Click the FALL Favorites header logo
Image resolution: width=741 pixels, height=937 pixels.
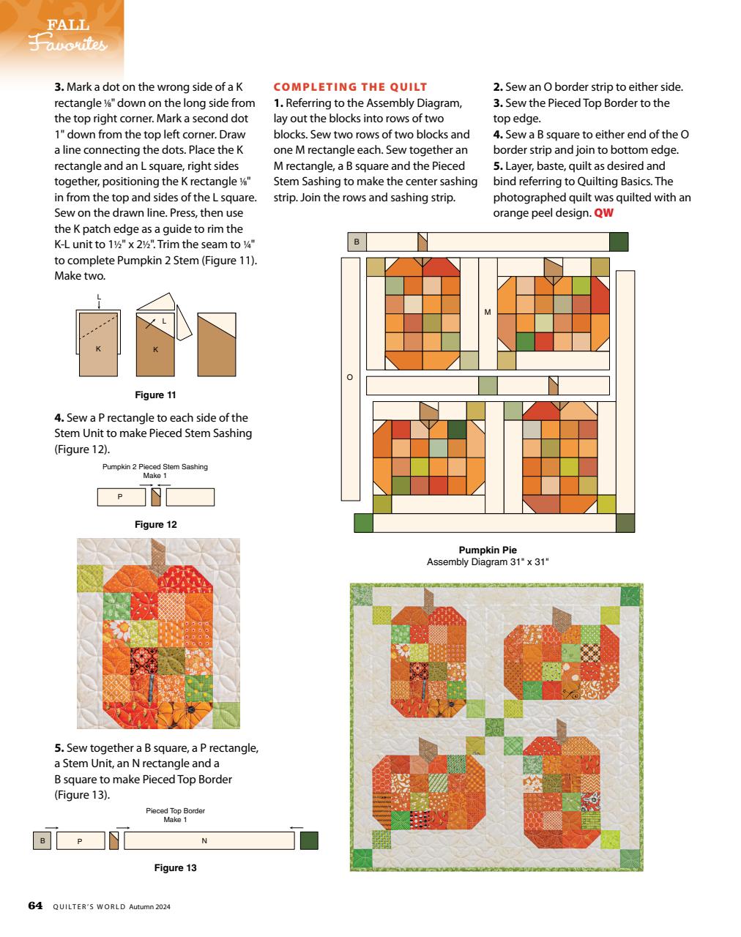(67, 37)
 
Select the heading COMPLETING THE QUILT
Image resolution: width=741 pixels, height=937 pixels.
(350, 87)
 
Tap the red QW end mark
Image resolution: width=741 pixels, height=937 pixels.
(603, 213)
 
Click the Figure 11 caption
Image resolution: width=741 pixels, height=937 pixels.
(155, 395)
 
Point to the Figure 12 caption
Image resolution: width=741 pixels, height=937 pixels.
(155, 525)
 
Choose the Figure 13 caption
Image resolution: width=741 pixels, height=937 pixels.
(175, 868)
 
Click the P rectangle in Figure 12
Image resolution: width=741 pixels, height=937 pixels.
(121, 497)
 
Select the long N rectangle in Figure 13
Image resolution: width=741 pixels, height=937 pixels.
(209, 841)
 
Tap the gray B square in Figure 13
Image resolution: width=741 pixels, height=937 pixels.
(42, 841)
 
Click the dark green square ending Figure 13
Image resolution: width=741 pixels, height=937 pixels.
(309, 841)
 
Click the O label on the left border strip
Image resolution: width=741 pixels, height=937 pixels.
(350, 378)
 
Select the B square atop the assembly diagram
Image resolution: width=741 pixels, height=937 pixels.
(357, 242)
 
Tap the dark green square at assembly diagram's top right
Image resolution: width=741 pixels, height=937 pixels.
(619, 242)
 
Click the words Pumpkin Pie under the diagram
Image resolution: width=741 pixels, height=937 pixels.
(488, 550)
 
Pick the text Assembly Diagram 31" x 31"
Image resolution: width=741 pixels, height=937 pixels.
(488, 561)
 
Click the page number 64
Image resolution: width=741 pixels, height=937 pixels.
(35, 906)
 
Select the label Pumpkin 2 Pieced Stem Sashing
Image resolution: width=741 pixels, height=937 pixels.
(155, 467)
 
